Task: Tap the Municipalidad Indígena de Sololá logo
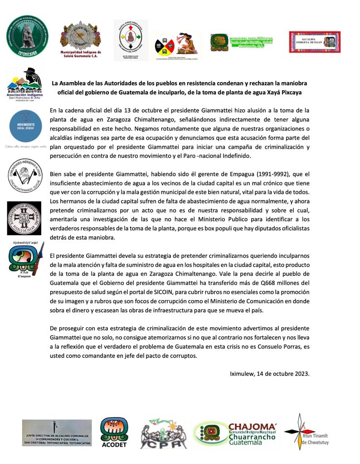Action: click(81, 38)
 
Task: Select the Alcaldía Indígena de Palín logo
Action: click(315, 42)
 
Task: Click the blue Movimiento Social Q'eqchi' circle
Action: click(26, 126)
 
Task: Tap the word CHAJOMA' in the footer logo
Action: click(252, 427)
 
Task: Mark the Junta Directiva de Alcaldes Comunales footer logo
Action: click(57, 433)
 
